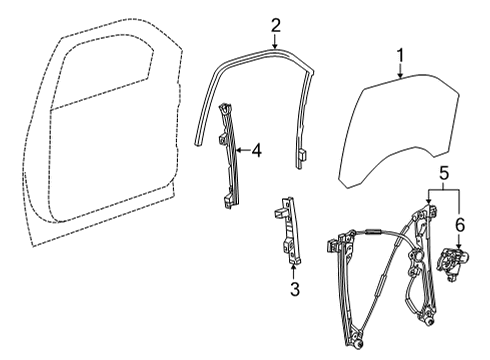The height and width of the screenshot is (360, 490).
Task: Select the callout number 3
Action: [x=294, y=291]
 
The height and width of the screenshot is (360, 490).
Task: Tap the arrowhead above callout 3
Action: [x=294, y=268]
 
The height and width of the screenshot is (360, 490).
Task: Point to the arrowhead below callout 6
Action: [x=459, y=247]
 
